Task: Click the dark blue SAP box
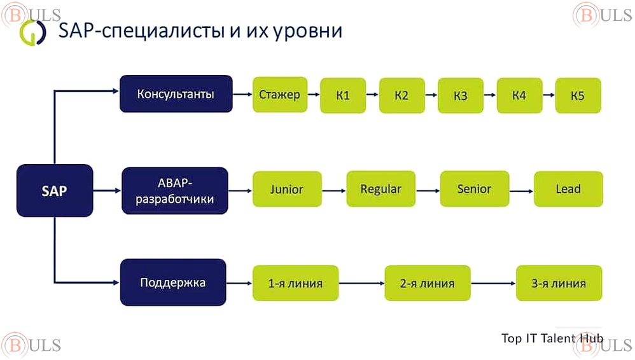[x=55, y=190]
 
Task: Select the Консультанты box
[x=176, y=94]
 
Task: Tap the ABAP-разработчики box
[x=175, y=190]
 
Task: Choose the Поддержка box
[x=173, y=282]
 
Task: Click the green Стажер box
[x=280, y=95]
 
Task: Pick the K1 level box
[x=343, y=96]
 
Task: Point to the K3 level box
[x=461, y=96]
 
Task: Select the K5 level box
[x=578, y=96]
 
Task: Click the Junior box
[x=286, y=189]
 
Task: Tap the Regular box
[x=380, y=189]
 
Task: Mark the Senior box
[x=474, y=189]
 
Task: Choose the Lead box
[x=568, y=189]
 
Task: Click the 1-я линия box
[x=295, y=283]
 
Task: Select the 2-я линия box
[x=428, y=283]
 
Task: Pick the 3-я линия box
[x=559, y=283]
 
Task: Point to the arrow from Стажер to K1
[x=314, y=95]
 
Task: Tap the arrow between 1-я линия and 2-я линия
[x=361, y=283]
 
